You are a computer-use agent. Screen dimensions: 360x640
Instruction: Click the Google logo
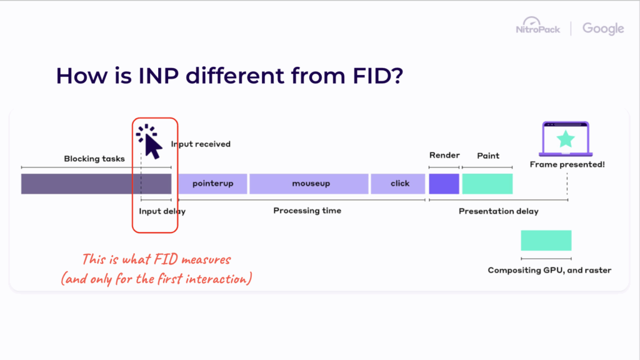coord(602,29)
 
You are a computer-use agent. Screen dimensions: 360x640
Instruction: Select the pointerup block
coord(212,184)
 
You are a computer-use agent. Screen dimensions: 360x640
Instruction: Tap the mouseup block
coord(309,184)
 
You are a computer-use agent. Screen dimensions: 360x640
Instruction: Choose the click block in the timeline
coord(399,184)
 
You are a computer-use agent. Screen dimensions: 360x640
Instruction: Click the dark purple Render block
coord(444,184)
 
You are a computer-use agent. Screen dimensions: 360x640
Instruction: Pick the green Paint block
coord(487,184)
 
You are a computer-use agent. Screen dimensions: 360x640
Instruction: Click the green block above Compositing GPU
coord(546,241)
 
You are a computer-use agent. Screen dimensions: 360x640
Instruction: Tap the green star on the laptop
coord(565,139)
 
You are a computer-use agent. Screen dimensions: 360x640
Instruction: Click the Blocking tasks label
coord(94,159)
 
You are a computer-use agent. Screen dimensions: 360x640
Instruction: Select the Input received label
coord(201,144)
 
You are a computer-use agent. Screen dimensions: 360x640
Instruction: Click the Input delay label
coord(162,211)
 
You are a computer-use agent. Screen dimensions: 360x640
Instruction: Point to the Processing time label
coord(307,211)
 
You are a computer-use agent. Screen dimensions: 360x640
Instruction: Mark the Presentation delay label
coord(498,211)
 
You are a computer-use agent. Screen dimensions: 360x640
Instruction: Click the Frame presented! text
coord(567,165)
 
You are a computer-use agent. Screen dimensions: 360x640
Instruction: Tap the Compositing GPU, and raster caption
coord(549,271)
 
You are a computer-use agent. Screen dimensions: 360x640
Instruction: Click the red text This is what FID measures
coord(157,259)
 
